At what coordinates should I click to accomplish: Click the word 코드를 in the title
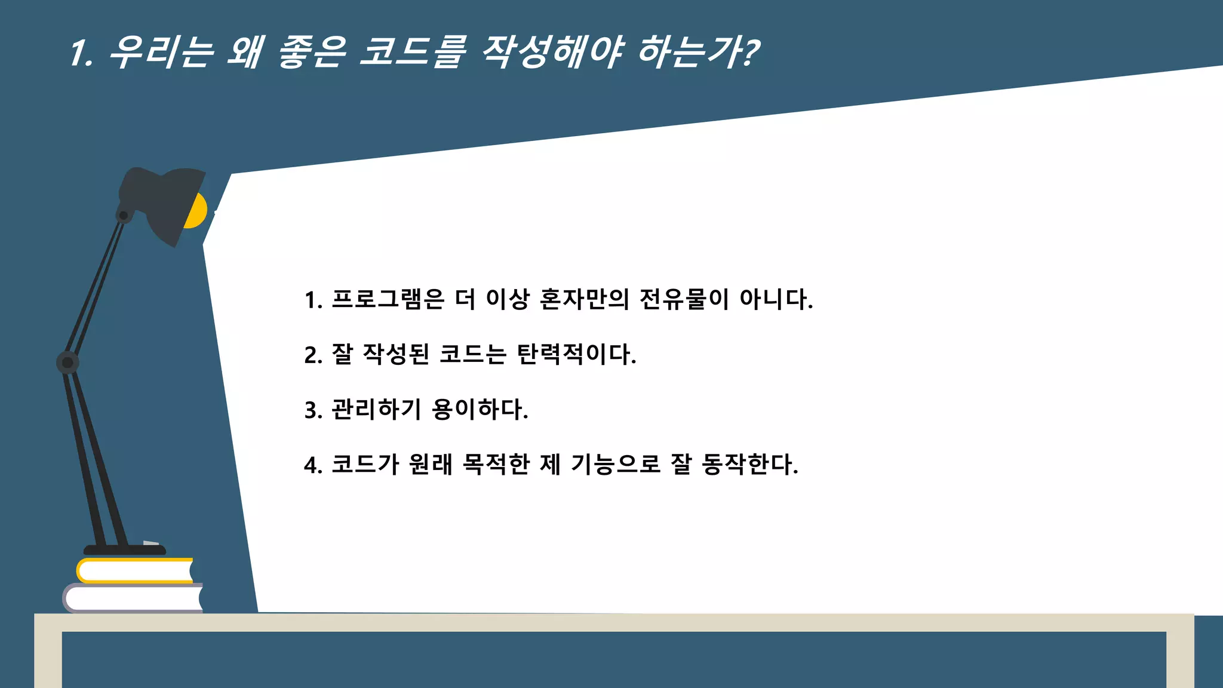[412, 52]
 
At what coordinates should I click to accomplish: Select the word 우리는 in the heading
[161, 52]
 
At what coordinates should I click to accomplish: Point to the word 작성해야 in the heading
[552, 52]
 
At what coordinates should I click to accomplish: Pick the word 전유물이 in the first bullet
[684, 299]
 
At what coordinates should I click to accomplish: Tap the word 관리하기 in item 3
[376, 410]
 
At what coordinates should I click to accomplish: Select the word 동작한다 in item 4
[749, 465]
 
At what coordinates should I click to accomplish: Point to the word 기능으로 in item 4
[616, 465]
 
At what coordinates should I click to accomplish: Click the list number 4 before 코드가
[311, 465]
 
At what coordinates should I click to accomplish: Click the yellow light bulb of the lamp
[197, 211]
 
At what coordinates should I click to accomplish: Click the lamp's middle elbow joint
[67, 363]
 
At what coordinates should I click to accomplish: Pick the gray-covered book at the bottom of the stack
[133, 598]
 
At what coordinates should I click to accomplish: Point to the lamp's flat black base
[124, 550]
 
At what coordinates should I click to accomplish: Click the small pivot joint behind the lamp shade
[124, 215]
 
